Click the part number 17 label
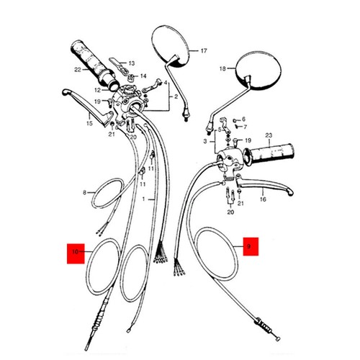[x=203, y=51]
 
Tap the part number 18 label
[x=222, y=68]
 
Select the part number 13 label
[x=132, y=63]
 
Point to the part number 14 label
[x=143, y=76]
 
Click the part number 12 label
[x=96, y=90]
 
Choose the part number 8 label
[x=84, y=192]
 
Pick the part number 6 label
[x=243, y=118]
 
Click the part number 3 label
[x=205, y=143]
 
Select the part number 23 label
[x=288, y=135]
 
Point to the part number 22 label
[x=76, y=69]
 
